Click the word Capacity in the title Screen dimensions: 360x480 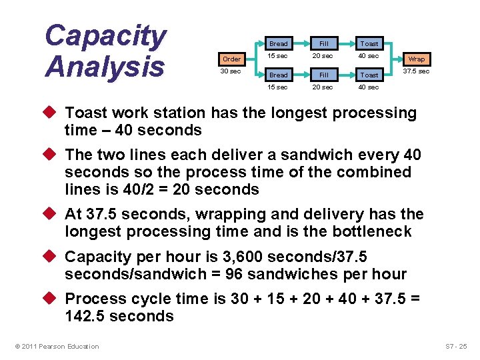click(105, 36)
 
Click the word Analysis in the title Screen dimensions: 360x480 click(105, 67)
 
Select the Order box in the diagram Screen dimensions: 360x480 click(232, 59)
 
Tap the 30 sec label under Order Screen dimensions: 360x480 click(231, 71)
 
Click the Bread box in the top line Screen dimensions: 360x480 click(278, 44)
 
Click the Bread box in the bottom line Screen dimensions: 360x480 click(278, 75)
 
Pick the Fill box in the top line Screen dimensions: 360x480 click(323, 44)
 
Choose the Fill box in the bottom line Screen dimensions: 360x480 click(323, 75)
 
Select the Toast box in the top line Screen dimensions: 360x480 click(369, 44)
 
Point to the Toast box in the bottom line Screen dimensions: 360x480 click(369, 75)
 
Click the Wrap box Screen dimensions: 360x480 click(416, 59)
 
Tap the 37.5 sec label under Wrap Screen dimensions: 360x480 click(416, 71)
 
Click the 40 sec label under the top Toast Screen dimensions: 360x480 click(369, 56)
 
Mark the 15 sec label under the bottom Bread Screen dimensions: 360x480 click(277, 87)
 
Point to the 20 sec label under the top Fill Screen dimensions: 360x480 click(323, 56)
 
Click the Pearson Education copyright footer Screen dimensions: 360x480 click(57, 346)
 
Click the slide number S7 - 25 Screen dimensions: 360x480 click(457, 346)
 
